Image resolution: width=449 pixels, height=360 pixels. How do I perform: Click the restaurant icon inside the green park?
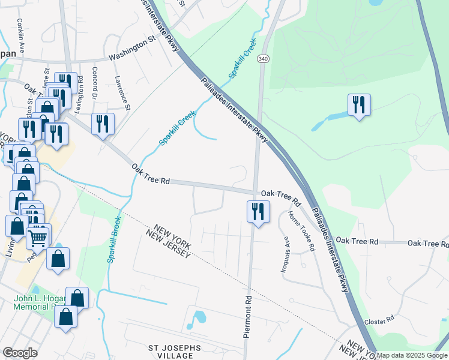pyautogui.click(x=359, y=104)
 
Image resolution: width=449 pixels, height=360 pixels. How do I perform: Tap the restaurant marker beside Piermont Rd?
pyautogui.click(x=258, y=211)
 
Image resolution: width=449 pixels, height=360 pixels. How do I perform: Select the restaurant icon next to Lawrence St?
pyautogui.click(x=103, y=124)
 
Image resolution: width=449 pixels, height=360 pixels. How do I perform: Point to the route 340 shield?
pyautogui.click(x=262, y=59)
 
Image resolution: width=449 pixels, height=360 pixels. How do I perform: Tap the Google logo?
pyautogui.click(x=20, y=353)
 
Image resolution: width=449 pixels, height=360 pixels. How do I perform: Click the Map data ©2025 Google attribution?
pyautogui.click(x=412, y=355)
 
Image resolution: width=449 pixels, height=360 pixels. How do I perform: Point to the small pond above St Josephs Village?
pyautogui.click(x=197, y=319)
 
